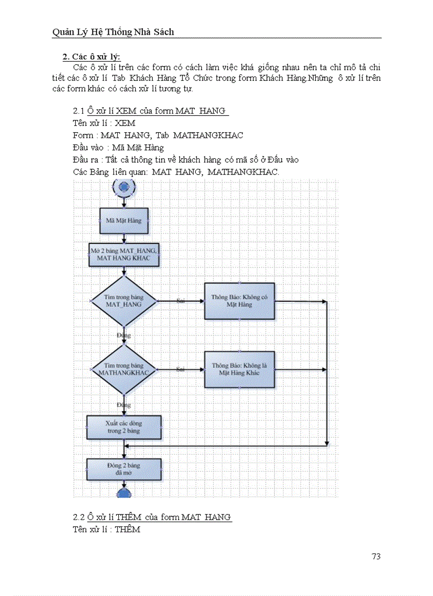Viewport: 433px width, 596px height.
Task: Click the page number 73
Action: [376, 556]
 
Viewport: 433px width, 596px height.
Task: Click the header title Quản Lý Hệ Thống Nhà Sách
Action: [113, 32]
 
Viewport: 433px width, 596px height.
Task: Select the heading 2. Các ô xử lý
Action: [91, 57]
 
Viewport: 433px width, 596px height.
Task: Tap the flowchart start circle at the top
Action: [124, 186]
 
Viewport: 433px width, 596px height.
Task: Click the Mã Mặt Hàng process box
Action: [124, 220]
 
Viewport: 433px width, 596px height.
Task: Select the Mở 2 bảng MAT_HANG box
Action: [124, 254]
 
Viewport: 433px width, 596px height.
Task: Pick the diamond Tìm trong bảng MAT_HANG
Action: [124, 301]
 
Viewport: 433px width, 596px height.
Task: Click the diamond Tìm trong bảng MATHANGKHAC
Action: [124, 369]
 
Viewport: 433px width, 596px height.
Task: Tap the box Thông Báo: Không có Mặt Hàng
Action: [239, 301]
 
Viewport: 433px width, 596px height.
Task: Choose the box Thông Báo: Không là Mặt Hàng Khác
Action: [239, 369]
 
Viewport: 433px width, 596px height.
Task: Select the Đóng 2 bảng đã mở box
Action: [124, 469]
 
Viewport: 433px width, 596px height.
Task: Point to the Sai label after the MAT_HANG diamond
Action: [180, 301]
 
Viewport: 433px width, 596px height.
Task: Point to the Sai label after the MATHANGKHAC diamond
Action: [180, 369]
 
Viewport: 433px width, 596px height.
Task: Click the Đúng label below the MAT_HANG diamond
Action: [124, 335]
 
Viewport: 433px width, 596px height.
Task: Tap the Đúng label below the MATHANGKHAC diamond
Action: [124, 405]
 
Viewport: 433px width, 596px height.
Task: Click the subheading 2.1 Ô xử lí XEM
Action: [151, 111]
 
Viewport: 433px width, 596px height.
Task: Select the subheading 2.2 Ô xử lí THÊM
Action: [152, 517]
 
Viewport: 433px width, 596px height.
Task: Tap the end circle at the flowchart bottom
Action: [124, 493]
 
